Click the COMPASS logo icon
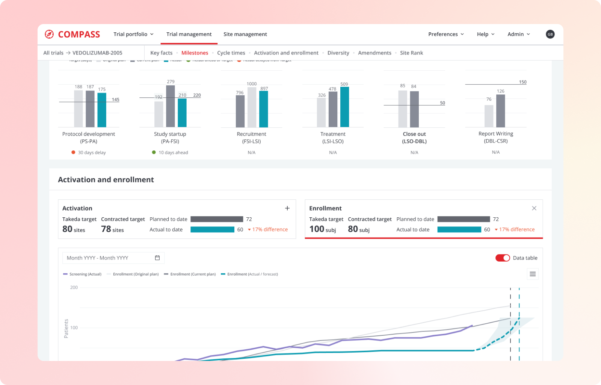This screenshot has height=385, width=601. click(49, 34)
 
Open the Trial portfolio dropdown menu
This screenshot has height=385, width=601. click(133, 34)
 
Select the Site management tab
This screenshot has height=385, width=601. click(245, 34)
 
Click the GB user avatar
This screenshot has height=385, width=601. click(550, 34)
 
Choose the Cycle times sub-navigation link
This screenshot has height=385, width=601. click(231, 53)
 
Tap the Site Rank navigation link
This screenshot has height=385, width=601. click(411, 53)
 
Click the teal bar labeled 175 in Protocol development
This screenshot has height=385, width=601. click(102, 110)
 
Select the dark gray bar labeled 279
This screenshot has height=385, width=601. click(171, 106)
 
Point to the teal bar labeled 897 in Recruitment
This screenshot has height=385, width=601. click(264, 109)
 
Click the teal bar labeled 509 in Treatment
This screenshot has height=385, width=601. click(344, 107)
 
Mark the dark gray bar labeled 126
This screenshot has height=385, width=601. click(500, 111)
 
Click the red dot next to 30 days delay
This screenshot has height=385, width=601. click(73, 152)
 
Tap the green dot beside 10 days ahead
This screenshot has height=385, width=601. click(154, 152)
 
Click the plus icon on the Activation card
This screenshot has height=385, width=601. click(287, 208)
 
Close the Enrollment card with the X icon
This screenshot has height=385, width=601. click(534, 208)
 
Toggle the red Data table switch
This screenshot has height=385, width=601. click(503, 258)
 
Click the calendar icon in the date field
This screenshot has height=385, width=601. click(157, 258)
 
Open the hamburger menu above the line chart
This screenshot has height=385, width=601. click(533, 274)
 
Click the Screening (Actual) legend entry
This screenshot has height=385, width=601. click(83, 274)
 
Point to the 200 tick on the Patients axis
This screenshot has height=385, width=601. click(74, 288)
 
